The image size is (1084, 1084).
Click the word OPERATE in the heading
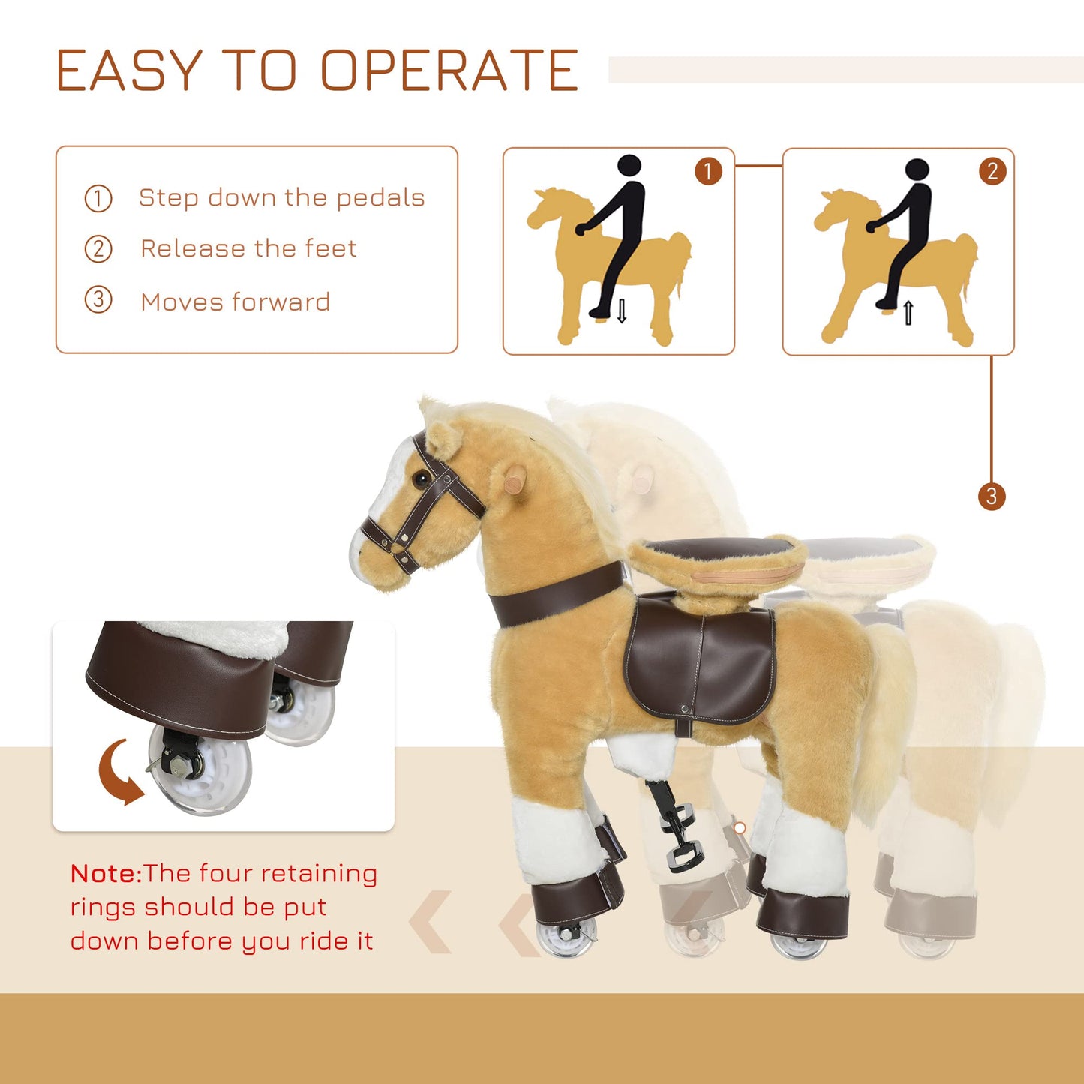(x=449, y=70)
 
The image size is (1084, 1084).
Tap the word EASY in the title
(x=129, y=70)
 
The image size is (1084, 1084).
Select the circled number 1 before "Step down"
(x=98, y=199)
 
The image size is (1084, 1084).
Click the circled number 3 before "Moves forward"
(x=98, y=300)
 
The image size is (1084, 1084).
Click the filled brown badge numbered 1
(x=708, y=171)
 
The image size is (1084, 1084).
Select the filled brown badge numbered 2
(x=992, y=171)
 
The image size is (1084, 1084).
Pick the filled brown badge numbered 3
(x=992, y=497)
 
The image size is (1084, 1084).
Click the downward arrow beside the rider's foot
(x=622, y=311)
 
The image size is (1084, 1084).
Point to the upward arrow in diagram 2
(x=908, y=313)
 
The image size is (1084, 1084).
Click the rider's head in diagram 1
(x=629, y=167)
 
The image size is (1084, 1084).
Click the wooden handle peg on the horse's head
(x=515, y=479)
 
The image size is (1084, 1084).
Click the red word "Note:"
(x=107, y=874)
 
